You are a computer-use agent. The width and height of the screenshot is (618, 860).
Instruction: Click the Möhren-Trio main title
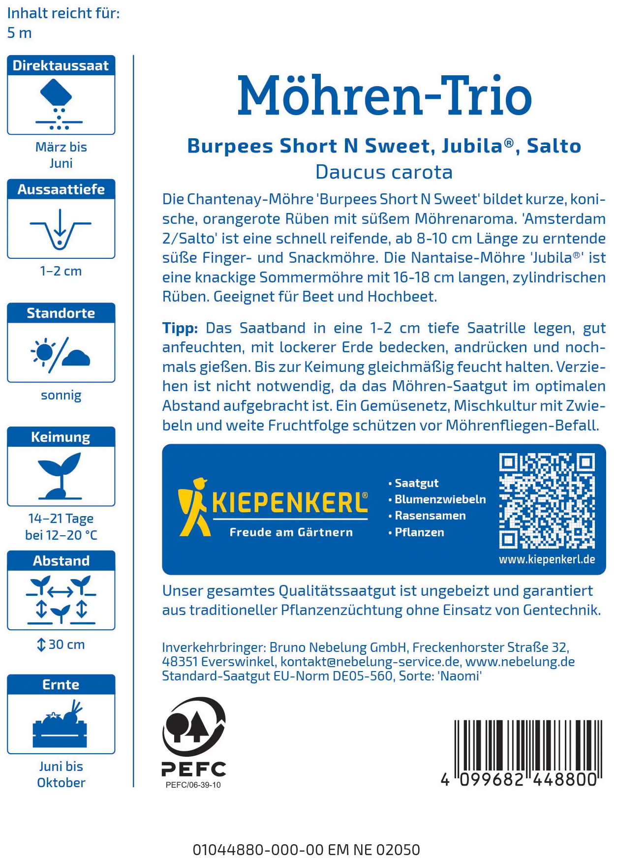(384, 96)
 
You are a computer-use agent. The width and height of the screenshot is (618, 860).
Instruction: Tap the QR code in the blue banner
(547, 501)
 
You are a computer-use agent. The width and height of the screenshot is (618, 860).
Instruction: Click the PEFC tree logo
(194, 727)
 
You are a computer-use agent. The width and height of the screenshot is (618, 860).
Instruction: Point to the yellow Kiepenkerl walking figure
(193, 507)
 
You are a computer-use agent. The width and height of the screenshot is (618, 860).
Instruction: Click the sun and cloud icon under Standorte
(61, 353)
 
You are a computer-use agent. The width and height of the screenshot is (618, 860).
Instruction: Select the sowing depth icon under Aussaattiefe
(61, 229)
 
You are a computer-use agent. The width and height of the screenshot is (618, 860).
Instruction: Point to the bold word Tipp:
(180, 328)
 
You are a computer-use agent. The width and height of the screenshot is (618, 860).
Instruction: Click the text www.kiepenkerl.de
(547, 559)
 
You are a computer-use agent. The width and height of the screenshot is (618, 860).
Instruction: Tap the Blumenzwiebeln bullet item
(440, 499)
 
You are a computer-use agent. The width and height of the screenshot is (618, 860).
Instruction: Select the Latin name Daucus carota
(384, 172)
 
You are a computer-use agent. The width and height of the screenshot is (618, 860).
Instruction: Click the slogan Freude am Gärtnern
(291, 532)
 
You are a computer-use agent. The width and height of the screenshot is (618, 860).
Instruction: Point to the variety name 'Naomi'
(460, 676)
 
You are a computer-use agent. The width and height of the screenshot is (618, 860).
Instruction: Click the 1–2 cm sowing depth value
(61, 271)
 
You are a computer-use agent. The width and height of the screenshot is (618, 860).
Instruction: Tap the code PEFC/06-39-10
(193, 785)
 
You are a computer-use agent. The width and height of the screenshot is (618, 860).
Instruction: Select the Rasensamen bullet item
(430, 516)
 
